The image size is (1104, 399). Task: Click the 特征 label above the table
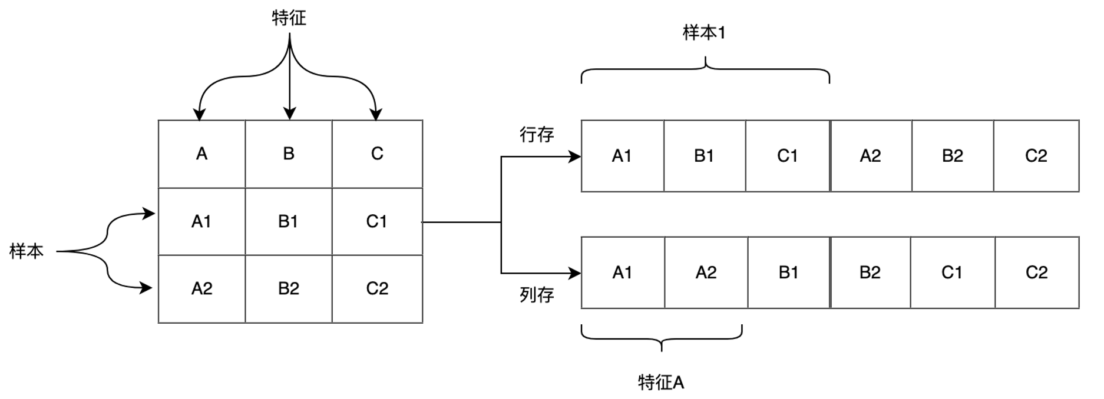click(x=289, y=18)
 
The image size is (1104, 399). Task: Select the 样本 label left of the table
click(x=27, y=251)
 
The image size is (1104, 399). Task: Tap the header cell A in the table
click(x=201, y=154)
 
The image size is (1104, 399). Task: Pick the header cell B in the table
click(x=289, y=154)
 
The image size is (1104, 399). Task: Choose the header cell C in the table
click(x=377, y=154)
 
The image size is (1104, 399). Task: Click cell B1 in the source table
click(x=289, y=221)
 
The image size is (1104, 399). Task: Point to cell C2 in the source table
click(x=377, y=288)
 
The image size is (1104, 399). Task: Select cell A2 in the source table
click(x=201, y=288)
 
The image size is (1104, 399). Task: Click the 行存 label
click(x=537, y=135)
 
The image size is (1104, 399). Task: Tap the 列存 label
click(x=537, y=295)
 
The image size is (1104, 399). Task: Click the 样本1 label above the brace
click(x=704, y=34)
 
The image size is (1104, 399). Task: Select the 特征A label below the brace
click(x=661, y=383)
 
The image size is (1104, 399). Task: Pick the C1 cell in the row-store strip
click(x=788, y=156)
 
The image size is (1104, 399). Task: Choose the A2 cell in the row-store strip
click(x=871, y=156)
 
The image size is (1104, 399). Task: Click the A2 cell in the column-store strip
click(x=706, y=272)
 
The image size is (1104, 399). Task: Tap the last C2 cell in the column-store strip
click(x=1036, y=272)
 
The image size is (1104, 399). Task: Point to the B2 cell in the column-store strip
click(x=870, y=272)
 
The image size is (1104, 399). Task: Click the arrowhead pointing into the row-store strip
click(x=575, y=157)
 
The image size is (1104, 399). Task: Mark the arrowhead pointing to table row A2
click(x=147, y=288)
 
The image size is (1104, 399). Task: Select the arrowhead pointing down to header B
click(x=289, y=114)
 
